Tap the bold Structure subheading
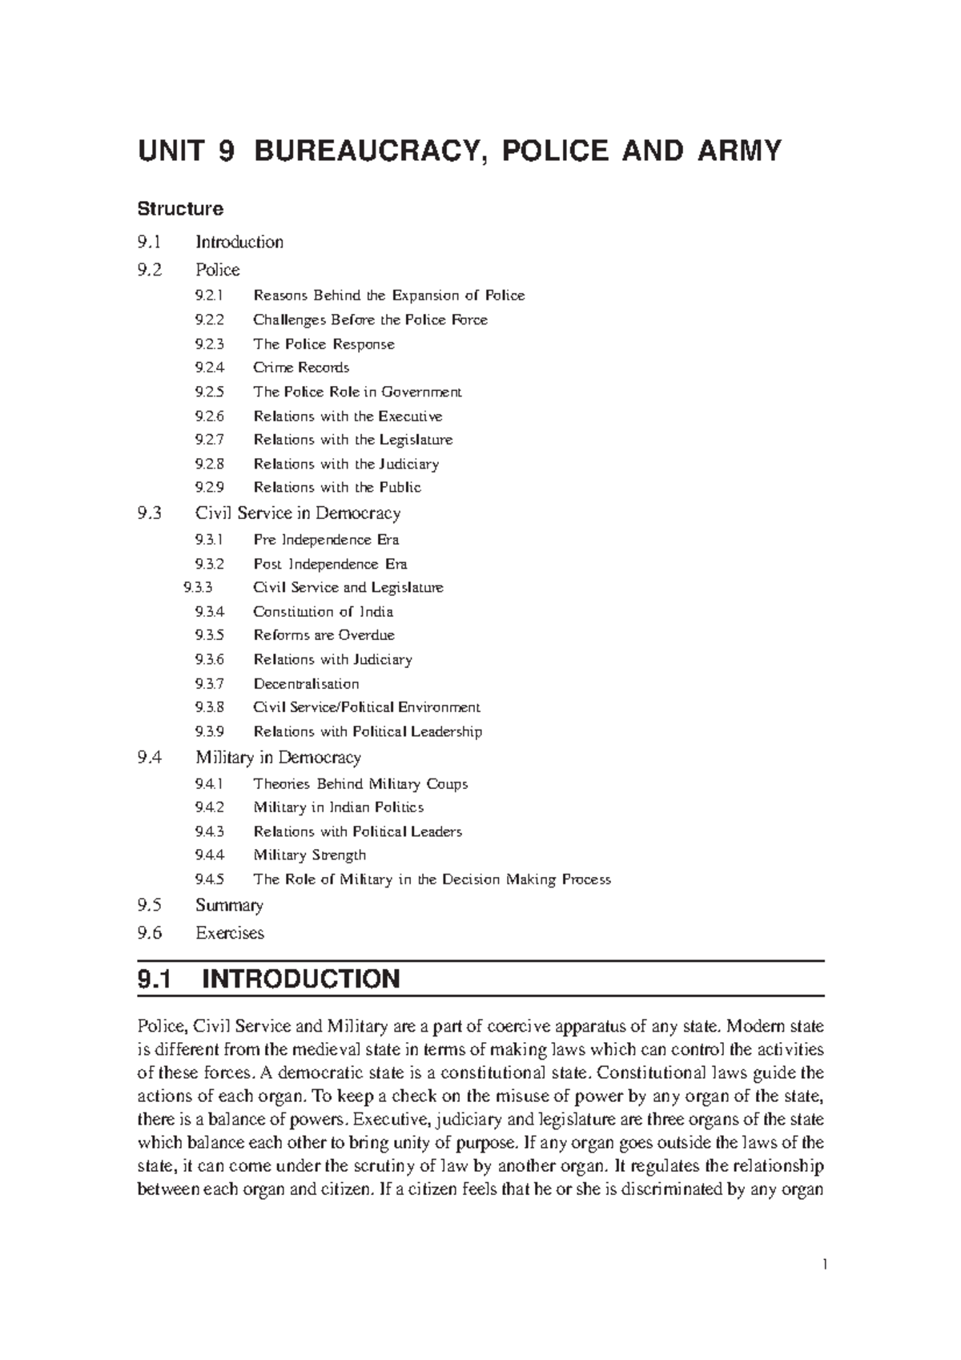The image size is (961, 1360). click(x=180, y=209)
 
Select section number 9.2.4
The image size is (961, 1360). click(x=209, y=368)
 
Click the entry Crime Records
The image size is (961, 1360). click(x=301, y=368)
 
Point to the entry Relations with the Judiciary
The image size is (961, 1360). click(x=346, y=464)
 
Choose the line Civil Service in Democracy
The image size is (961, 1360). click(x=297, y=513)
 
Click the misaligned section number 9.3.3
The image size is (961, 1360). click(x=198, y=587)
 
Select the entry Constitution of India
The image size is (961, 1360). click(x=323, y=611)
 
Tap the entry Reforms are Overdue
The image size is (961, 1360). click(x=324, y=635)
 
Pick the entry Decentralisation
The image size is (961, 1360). click(x=306, y=683)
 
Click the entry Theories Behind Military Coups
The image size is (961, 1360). click(x=360, y=783)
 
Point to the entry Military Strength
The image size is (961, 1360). click(x=309, y=855)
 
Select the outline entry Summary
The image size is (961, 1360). click(x=229, y=905)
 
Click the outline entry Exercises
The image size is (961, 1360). click(x=229, y=932)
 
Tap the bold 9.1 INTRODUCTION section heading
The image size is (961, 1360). click(x=269, y=979)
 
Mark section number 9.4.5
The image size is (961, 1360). click(x=209, y=879)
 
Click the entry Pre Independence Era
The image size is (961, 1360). click(x=326, y=539)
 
